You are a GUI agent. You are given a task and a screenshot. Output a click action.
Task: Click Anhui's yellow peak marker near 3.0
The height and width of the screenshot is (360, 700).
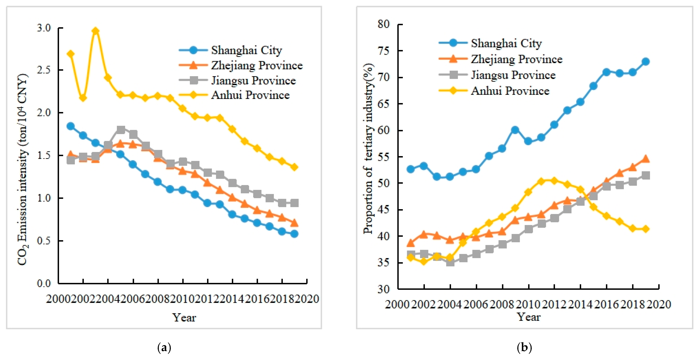coord(95,31)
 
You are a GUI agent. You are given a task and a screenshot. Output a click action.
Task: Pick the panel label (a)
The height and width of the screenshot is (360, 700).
coord(164,347)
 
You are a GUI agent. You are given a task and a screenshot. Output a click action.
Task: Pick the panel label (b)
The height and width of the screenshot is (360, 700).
coord(524,347)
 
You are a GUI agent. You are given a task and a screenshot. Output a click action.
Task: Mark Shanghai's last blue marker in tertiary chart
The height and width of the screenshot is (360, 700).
coord(646,62)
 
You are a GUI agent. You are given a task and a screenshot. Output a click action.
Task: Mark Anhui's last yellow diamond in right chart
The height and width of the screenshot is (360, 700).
coord(646,229)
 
